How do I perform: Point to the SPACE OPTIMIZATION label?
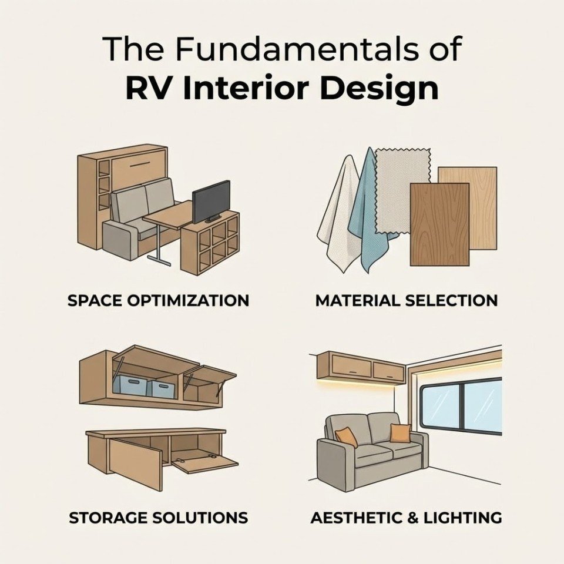(x=158, y=301)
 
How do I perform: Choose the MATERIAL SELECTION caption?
(x=407, y=301)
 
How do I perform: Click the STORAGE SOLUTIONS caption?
(x=158, y=518)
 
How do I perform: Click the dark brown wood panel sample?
(x=439, y=223)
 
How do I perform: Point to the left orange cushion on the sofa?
(x=347, y=437)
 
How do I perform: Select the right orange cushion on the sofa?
(x=400, y=432)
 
